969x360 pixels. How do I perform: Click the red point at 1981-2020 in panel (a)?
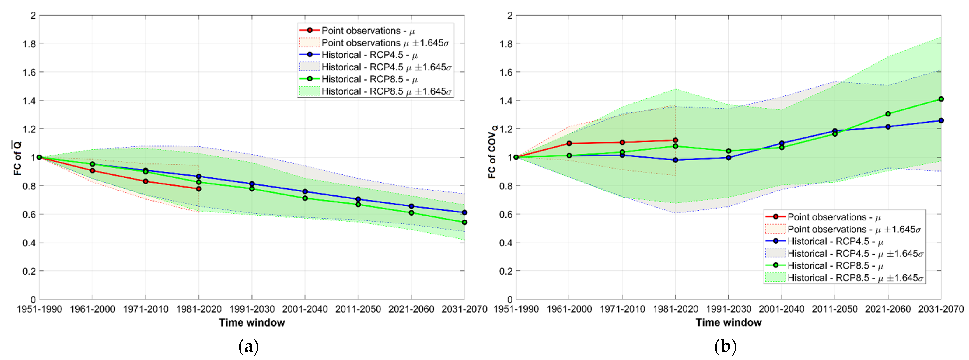(199, 189)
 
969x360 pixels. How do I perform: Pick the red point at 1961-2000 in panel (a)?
(93, 171)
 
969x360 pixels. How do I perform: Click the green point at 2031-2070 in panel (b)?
(941, 99)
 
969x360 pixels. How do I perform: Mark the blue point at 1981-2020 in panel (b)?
(676, 160)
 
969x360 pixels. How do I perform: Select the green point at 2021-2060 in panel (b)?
(888, 114)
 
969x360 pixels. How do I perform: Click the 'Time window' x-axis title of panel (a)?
(252, 322)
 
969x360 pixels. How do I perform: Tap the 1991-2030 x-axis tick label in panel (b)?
(729, 309)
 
